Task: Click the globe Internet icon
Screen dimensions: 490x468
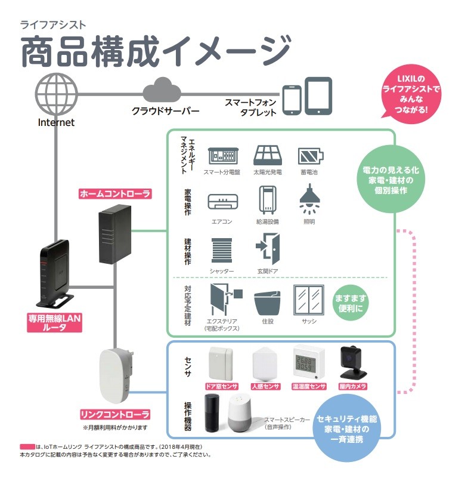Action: [x=56, y=94]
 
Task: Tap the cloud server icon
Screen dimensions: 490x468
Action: [x=162, y=91]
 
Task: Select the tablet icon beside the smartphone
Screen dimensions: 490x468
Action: [x=318, y=95]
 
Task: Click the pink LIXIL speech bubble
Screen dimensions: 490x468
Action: [x=411, y=94]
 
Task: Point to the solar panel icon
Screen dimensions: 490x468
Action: [x=267, y=156]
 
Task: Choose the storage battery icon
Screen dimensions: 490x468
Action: [x=310, y=156]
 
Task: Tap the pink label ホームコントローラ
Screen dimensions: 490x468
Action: [x=114, y=193]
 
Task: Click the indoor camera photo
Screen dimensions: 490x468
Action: [x=351, y=362]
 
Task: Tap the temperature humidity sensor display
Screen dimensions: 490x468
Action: [x=308, y=362]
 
